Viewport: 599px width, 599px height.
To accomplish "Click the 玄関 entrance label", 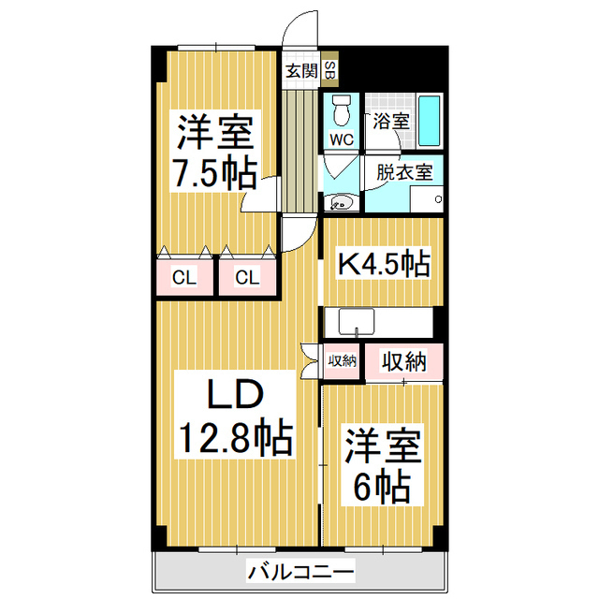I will click(301, 69).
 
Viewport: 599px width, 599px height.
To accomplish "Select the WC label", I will click(341, 139).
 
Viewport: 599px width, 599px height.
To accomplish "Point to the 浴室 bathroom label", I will click(391, 120).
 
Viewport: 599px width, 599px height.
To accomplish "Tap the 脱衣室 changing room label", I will click(403, 172).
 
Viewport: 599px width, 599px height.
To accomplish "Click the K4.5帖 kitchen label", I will click(383, 264).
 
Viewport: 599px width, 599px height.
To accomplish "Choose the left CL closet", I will click(184, 277).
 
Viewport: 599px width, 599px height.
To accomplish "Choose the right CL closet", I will click(246, 277).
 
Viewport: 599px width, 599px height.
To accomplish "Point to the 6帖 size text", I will click(381, 486).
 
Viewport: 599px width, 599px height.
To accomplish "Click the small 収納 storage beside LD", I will click(342, 361).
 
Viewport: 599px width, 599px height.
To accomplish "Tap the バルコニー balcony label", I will click(299, 570).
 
